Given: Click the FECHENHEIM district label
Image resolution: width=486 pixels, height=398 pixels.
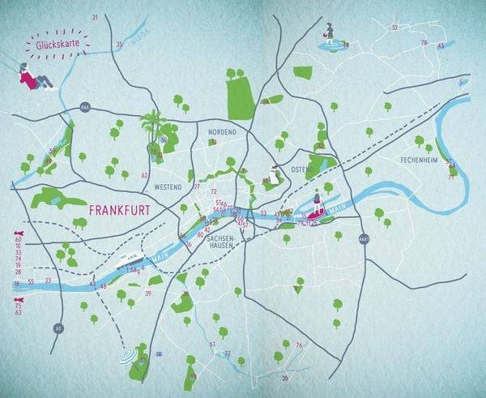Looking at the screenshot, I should tap(419, 160).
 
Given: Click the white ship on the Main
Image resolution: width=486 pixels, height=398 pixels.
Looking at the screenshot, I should tap(132, 260).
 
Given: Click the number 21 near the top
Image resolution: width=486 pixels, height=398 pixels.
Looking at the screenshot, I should tap(95, 17).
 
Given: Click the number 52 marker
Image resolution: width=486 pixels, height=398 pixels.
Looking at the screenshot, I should tap(394, 28).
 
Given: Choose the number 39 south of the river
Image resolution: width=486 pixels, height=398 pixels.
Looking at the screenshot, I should tap(148, 293).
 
